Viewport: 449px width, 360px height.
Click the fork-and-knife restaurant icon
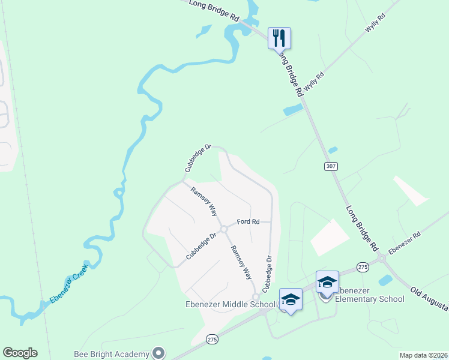click(x=279, y=38)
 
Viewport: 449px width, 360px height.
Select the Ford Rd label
click(x=248, y=222)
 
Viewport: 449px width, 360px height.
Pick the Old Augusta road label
click(x=429, y=299)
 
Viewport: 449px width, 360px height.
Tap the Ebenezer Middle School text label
click(x=229, y=304)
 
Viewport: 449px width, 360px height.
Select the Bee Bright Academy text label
click(x=112, y=353)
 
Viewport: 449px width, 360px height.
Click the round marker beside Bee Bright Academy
click(x=158, y=353)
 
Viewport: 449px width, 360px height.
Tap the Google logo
click(x=20, y=353)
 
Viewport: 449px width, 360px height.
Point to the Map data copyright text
click(x=424, y=355)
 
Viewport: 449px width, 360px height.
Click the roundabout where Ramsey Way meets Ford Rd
click(x=223, y=229)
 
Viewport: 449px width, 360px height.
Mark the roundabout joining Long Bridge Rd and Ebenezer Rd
click(x=381, y=259)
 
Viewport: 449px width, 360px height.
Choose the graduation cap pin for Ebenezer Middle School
click(x=291, y=299)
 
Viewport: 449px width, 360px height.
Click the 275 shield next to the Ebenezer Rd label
click(x=362, y=266)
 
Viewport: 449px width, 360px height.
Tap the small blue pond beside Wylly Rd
click(x=292, y=110)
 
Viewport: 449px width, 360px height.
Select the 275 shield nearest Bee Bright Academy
click(x=211, y=339)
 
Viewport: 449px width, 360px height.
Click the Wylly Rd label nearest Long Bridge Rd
click(x=313, y=82)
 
